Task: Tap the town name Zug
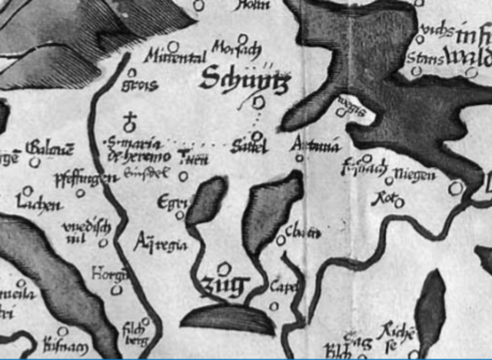click(x=224, y=286)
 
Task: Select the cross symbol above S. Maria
click(x=131, y=121)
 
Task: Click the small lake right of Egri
click(x=207, y=200)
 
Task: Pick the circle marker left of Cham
click(x=281, y=241)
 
